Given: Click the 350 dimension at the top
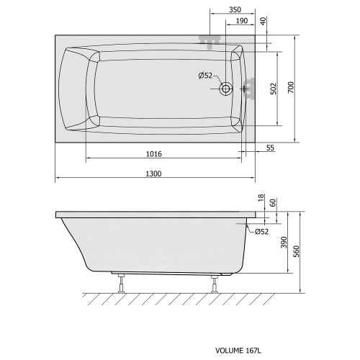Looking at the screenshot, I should point(235,9).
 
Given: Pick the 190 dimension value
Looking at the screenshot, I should point(243,21).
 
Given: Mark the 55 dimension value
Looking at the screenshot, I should point(270,148).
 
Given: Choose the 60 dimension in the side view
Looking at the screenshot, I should point(274,203).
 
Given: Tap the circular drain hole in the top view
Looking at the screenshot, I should point(226,89).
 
